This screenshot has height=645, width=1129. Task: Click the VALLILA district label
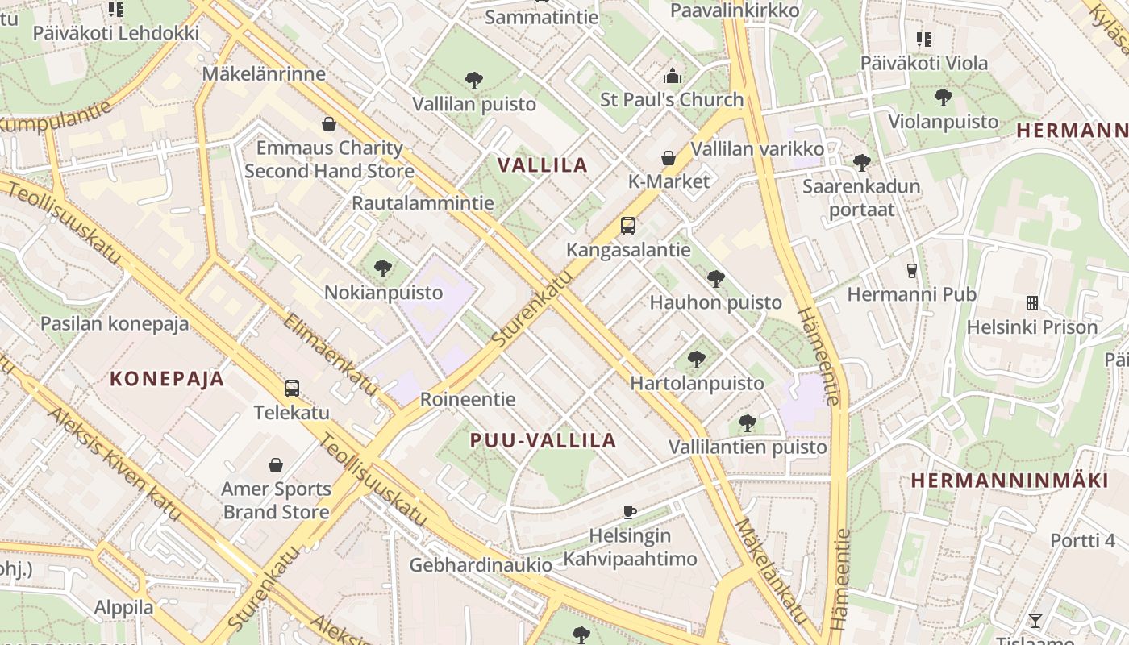[x=542, y=165]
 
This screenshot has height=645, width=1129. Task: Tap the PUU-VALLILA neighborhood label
[x=544, y=440]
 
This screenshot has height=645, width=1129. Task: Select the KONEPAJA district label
[x=167, y=379]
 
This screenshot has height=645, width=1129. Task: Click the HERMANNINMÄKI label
[x=1010, y=481]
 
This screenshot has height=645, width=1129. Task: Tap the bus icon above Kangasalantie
[x=628, y=227]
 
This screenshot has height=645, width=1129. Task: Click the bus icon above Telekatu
[x=292, y=389]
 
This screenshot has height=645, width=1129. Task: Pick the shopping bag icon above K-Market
[x=669, y=158]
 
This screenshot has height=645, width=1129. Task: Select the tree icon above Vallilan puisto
[x=474, y=81]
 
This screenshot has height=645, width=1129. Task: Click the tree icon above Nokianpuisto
[x=383, y=268]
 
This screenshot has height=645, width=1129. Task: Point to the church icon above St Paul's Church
[x=672, y=77]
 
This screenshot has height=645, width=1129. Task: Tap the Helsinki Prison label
[x=1032, y=327]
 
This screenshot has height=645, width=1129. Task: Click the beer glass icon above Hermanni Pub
[x=912, y=271]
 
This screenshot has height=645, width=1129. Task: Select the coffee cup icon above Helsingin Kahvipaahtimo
[x=630, y=512]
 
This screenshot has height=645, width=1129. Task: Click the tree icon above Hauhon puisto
[x=715, y=280]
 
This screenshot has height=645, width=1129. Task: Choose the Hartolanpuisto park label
[x=697, y=383]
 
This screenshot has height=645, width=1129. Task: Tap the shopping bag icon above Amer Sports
[x=276, y=466]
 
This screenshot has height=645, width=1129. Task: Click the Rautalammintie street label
[x=423, y=202]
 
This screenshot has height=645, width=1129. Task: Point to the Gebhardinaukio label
[x=481, y=565]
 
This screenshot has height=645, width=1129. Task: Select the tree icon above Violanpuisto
[x=943, y=98]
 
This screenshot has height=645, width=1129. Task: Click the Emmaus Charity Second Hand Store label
[x=329, y=159]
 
